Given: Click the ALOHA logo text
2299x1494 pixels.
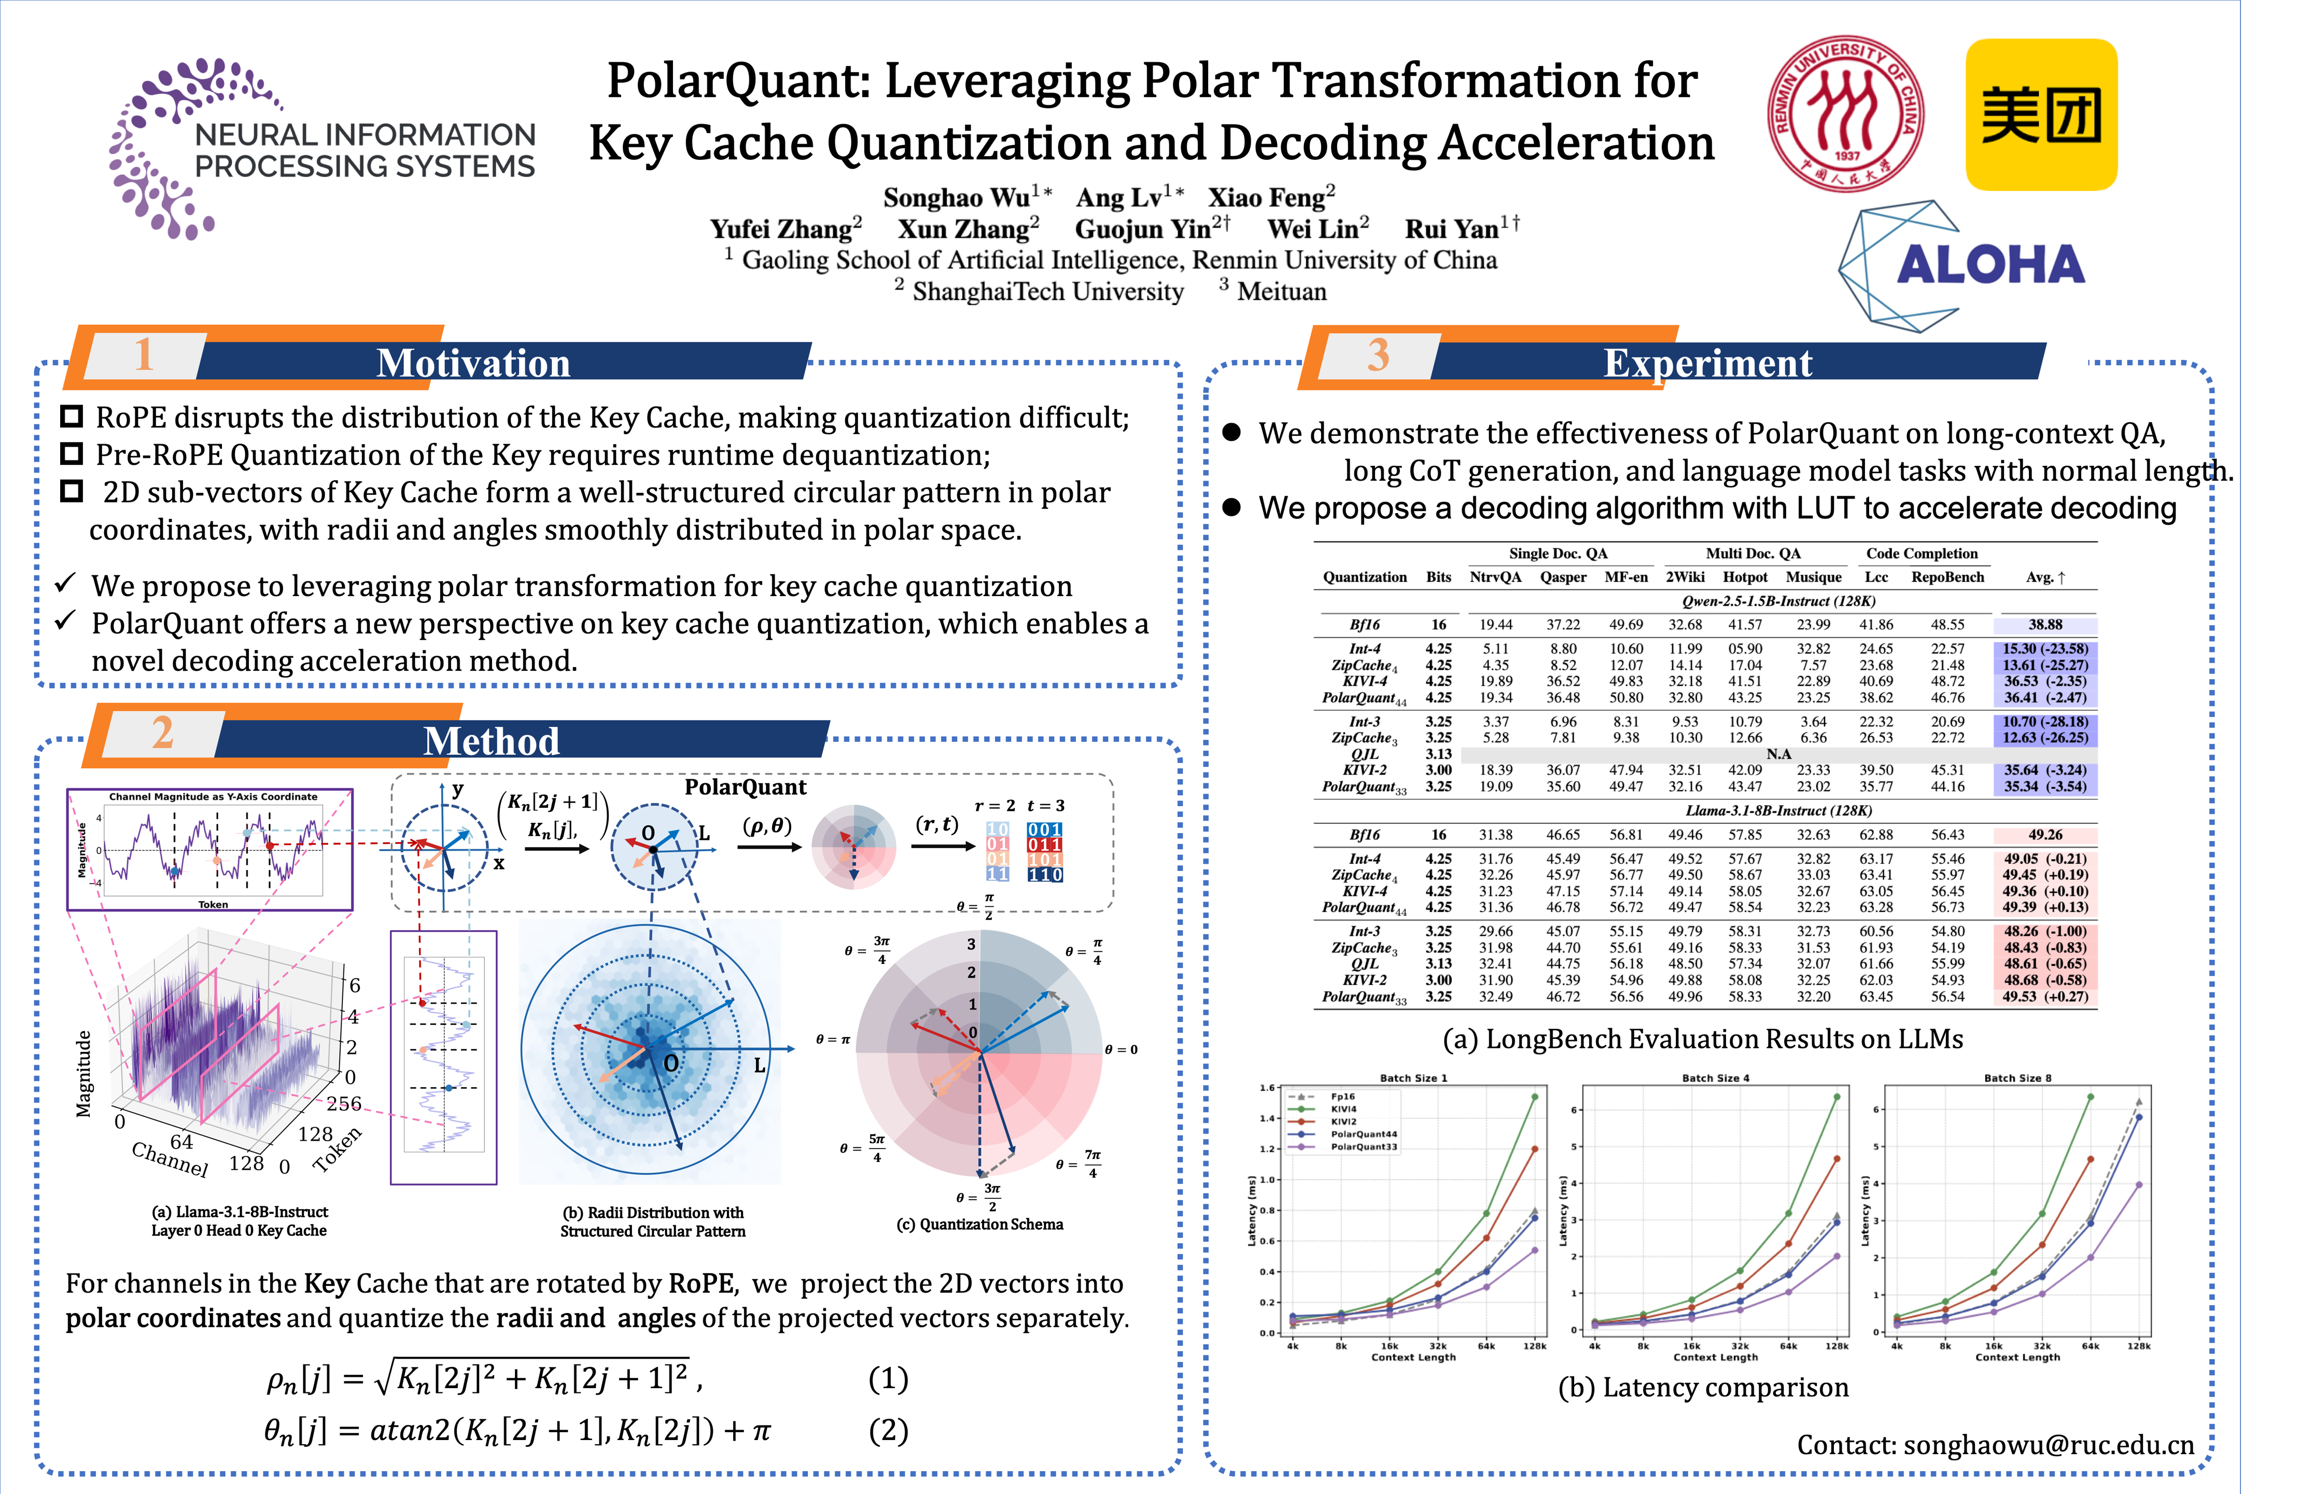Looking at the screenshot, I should (x=1990, y=265).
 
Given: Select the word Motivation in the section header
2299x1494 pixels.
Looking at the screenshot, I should (x=473, y=363).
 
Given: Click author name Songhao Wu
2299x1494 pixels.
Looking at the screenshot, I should (x=956, y=198).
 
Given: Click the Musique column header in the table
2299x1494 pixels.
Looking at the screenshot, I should (x=1813, y=577).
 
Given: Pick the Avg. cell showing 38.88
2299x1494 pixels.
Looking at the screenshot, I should (x=2045, y=625).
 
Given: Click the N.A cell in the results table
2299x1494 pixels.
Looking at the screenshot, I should (x=1778, y=754).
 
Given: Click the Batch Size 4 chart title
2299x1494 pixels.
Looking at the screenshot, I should (x=1715, y=1077).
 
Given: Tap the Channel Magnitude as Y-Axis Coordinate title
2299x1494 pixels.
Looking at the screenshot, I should (x=213, y=797).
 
